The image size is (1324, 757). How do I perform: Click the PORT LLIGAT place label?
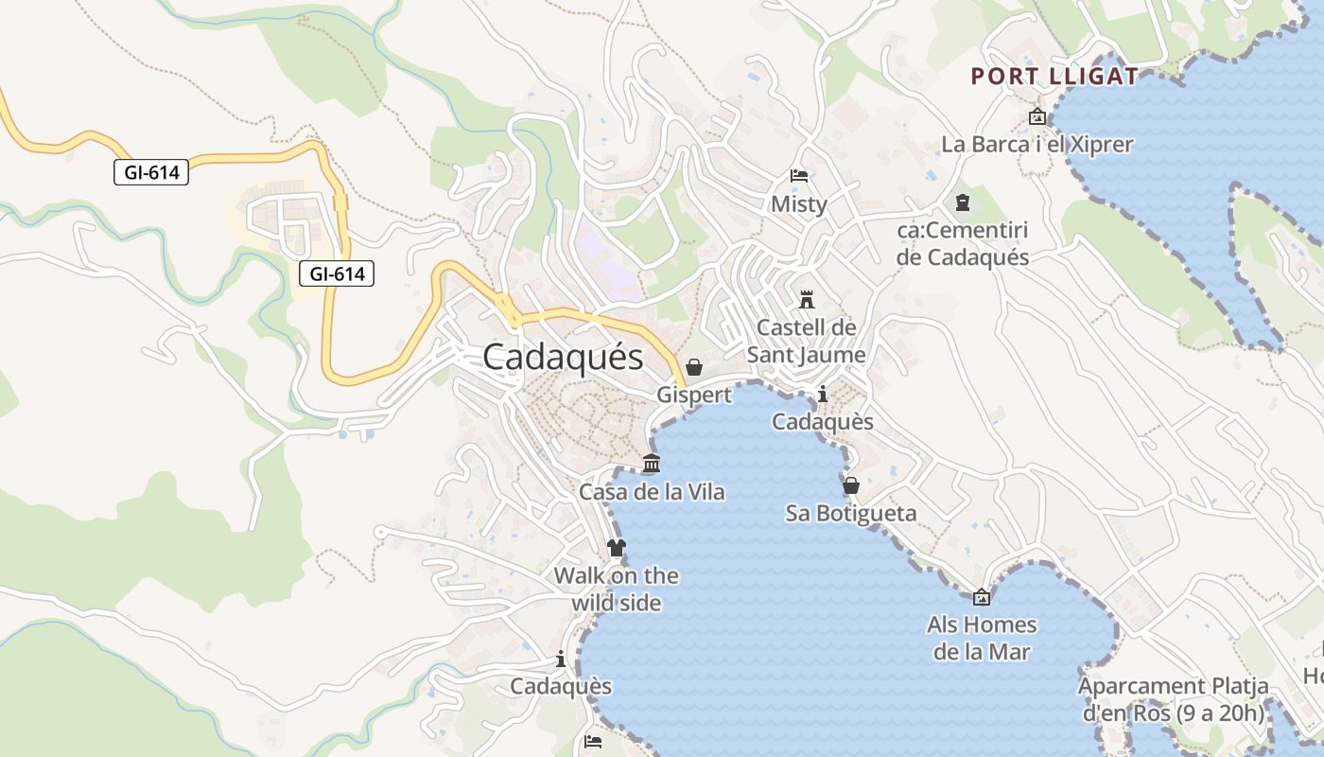(1054, 77)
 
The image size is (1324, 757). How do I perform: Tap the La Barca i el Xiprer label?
(1037, 145)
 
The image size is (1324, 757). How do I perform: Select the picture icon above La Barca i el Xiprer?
(1037, 117)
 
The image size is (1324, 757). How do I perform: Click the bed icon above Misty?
(799, 176)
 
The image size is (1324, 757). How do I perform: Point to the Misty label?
(799, 204)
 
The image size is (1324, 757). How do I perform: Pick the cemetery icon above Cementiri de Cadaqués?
(963, 202)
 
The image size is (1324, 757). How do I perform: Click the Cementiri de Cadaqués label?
(963, 243)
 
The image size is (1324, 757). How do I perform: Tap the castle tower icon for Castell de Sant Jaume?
(807, 300)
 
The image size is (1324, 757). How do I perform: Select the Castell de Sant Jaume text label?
(807, 341)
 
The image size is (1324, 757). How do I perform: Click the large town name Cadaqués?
(563, 357)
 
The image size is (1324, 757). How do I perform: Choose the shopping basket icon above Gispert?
(694, 367)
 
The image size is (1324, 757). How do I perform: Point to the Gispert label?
(694, 395)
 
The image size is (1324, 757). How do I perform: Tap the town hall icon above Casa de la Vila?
(652, 464)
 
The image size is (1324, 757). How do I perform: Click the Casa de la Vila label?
(652, 492)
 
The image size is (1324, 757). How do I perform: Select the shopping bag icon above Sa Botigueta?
(851, 485)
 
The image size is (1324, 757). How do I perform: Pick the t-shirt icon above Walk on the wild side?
(616, 548)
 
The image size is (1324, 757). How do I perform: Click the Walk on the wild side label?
(616, 589)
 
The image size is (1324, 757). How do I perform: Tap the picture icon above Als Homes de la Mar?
(982, 597)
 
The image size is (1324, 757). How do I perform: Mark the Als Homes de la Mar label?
(982, 638)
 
